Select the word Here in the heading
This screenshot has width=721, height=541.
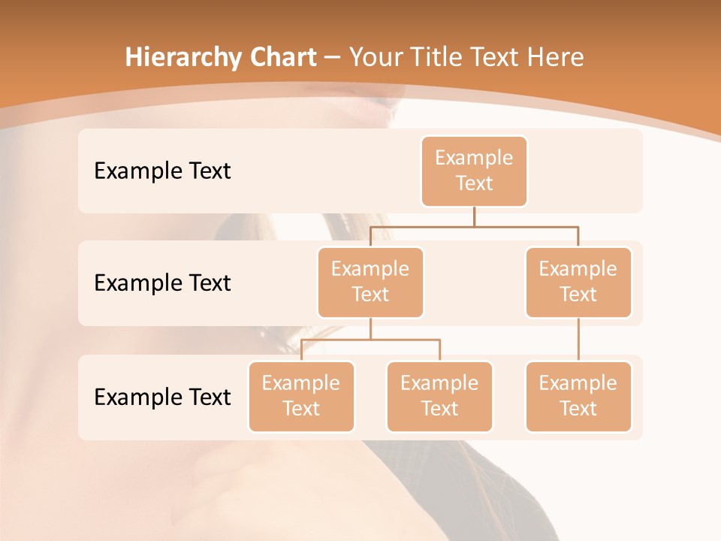[557, 57]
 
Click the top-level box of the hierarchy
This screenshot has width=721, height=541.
[474, 171]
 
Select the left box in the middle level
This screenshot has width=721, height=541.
[370, 282]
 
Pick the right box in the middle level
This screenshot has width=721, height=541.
[578, 282]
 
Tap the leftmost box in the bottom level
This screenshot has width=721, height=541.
[301, 396]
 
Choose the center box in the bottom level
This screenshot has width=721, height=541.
[439, 396]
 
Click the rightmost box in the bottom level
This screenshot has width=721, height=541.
[578, 396]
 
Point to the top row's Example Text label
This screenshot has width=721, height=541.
[162, 171]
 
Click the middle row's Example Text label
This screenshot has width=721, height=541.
[162, 283]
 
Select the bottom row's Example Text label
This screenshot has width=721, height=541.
[162, 397]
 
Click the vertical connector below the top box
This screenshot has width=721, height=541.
[474, 216]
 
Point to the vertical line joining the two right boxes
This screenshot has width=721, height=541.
[578, 340]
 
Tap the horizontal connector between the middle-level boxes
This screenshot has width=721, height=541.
[474, 225]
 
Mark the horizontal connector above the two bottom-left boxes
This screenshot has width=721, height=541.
[370, 340]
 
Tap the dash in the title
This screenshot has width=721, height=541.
[332, 57]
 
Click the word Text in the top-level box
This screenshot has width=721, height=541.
[474, 183]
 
